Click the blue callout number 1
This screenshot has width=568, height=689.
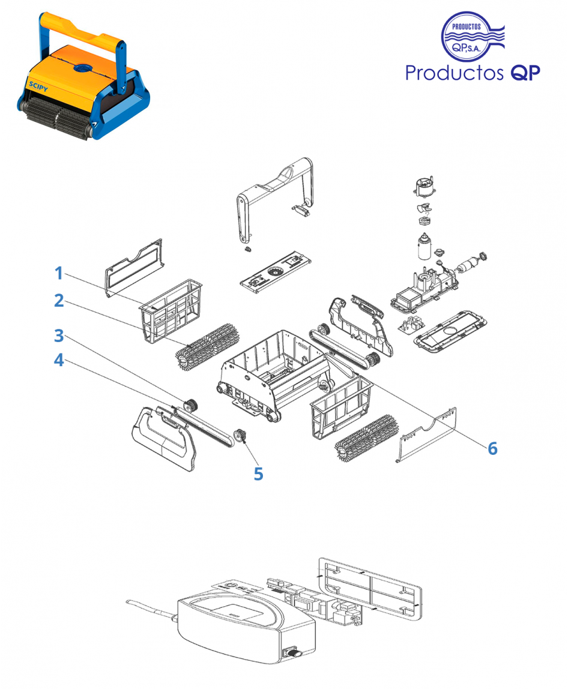click(x=59, y=273)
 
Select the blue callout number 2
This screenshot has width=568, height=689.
click(x=59, y=301)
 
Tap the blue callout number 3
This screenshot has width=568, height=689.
click(x=59, y=335)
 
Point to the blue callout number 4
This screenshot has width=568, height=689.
click(x=59, y=361)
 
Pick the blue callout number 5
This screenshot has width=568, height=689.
click(x=258, y=474)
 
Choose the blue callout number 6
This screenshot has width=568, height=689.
click(x=492, y=448)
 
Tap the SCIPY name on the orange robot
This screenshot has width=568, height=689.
click(x=38, y=85)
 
